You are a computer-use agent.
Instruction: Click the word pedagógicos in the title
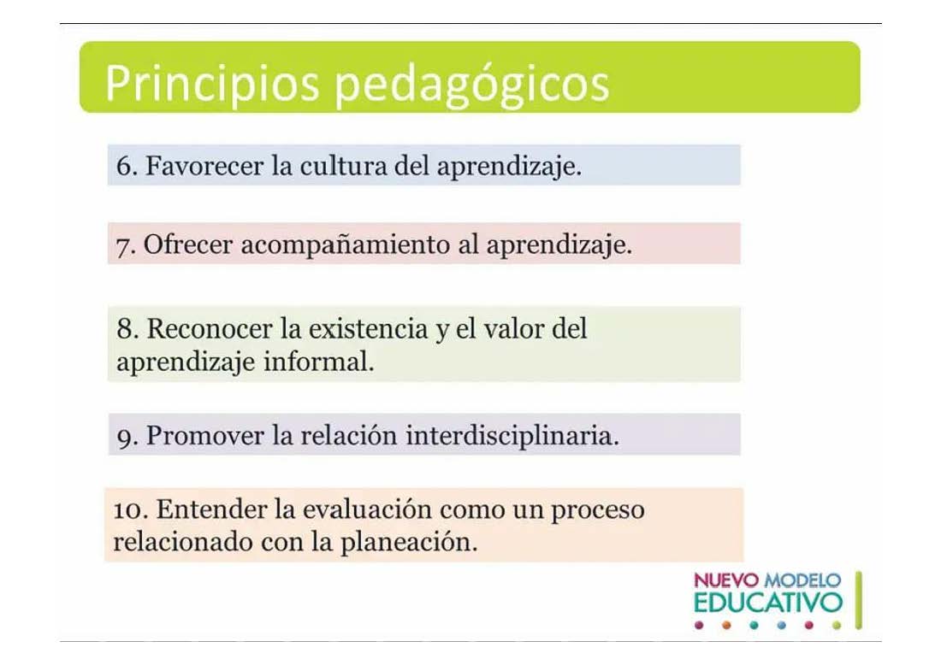coord(471,85)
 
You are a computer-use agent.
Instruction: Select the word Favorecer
coord(204,166)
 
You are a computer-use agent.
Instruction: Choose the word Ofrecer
coord(188,244)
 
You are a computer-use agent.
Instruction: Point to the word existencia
coord(368,328)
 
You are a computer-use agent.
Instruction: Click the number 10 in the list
coord(130,509)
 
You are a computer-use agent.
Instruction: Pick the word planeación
coord(409,543)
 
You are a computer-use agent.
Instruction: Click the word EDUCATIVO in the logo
coord(768,603)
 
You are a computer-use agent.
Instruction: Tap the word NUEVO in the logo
coord(726,580)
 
